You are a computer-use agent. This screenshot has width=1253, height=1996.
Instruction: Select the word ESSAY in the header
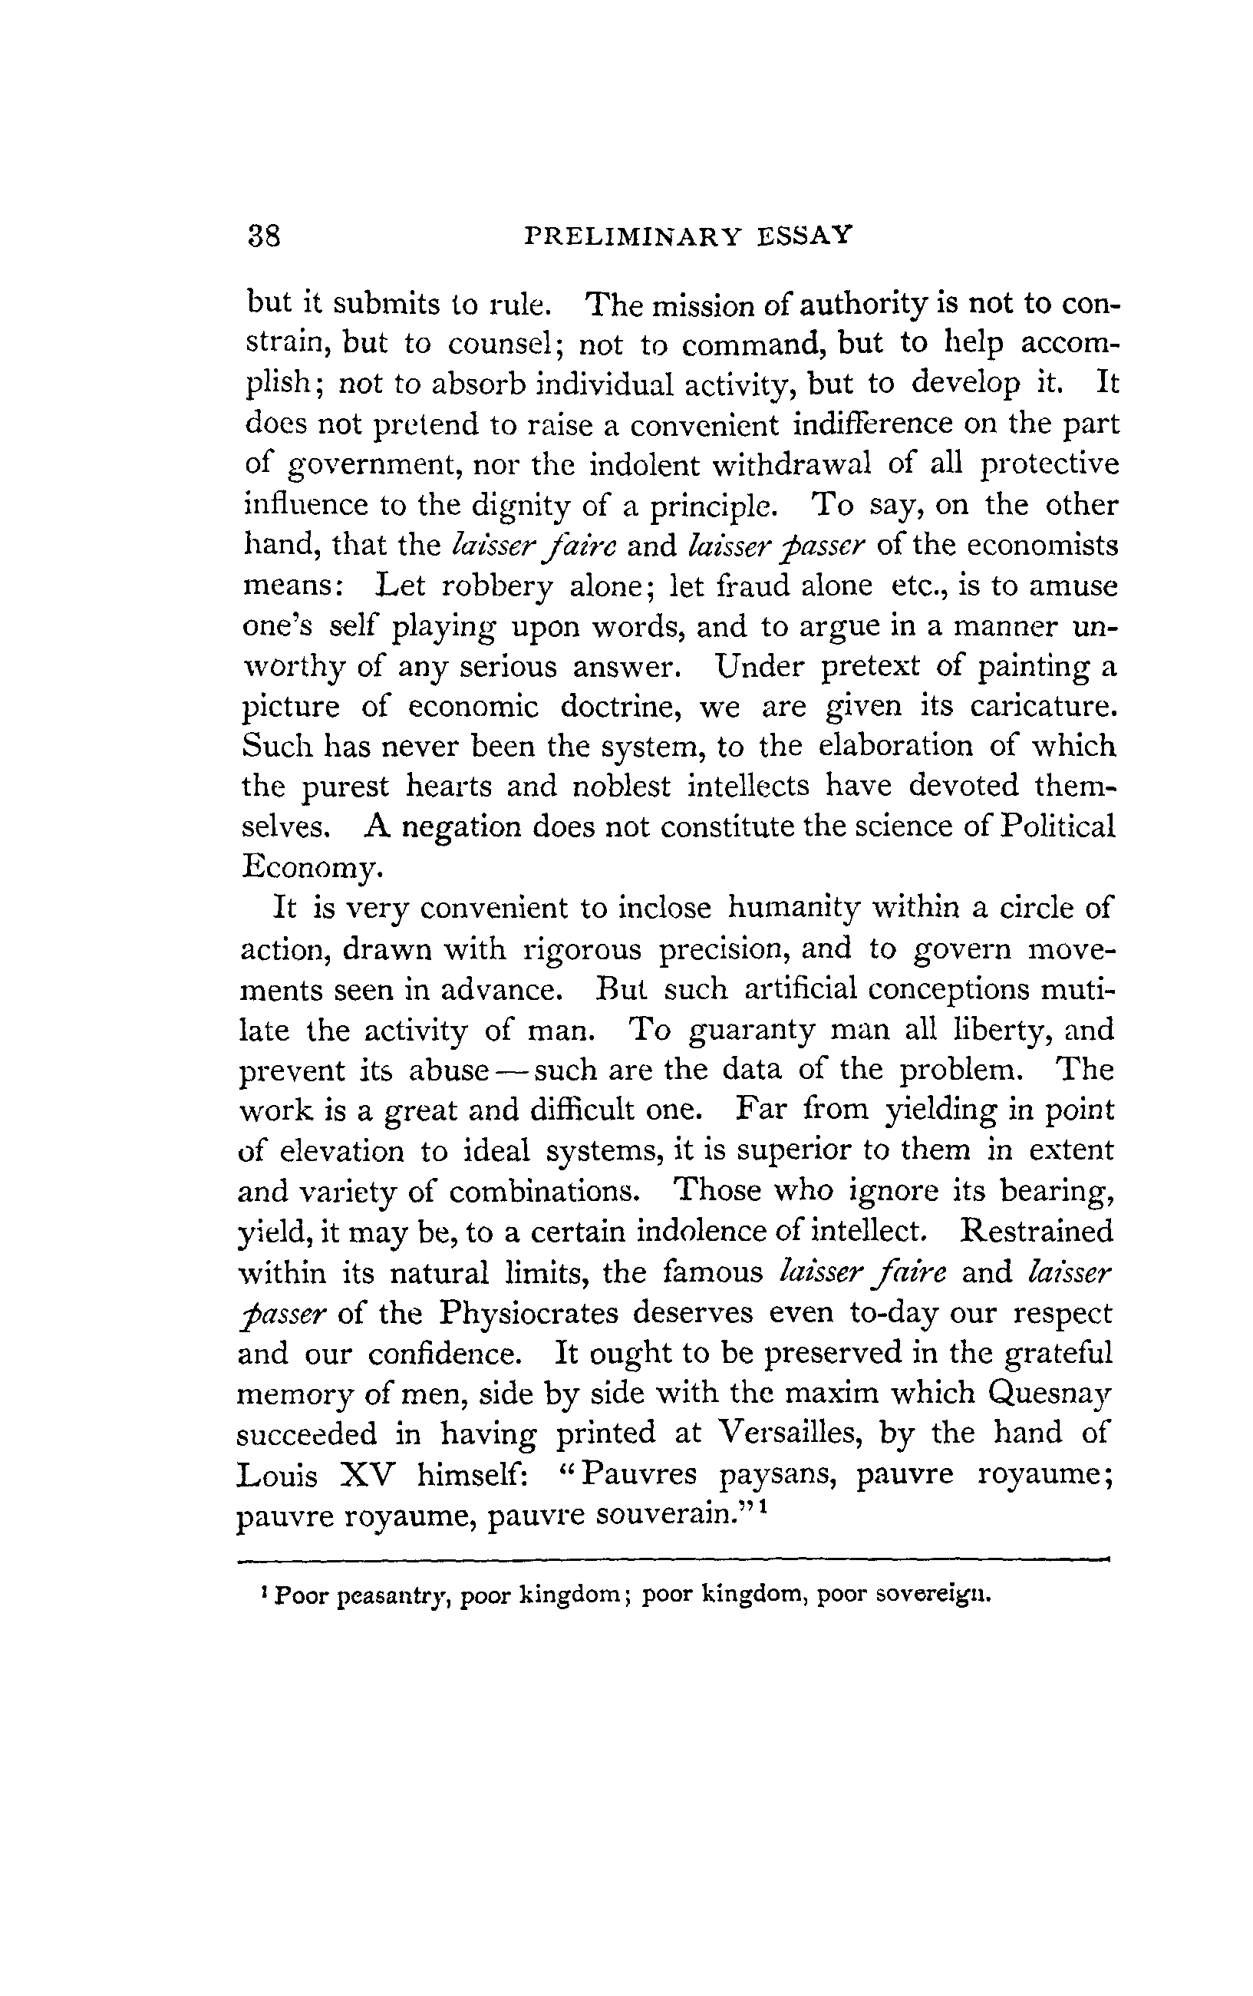[805, 237]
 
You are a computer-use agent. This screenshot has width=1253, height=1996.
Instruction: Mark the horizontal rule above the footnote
[672, 1559]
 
